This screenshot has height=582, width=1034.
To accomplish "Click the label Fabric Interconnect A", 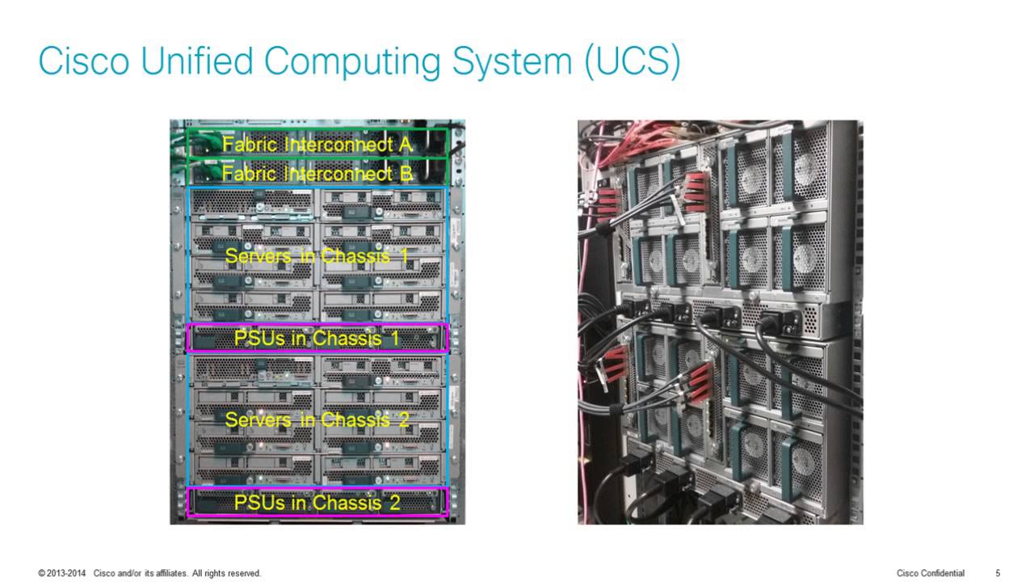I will click(x=317, y=145).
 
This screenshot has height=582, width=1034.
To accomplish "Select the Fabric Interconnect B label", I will click(x=317, y=173).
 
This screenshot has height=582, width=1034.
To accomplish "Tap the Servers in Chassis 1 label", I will click(x=317, y=256).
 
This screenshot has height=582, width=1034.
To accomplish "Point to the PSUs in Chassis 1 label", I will click(x=317, y=338).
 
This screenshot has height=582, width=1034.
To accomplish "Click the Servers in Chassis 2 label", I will click(x=317, y=420).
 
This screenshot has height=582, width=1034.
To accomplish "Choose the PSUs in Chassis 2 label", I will click(x=317, y=502).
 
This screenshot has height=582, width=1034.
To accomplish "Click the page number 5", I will click(x=998, y=573).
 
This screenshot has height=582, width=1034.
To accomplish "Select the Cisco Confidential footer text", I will click(x=931, y=573).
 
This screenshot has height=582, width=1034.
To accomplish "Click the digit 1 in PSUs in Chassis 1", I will click(x=394, y=338).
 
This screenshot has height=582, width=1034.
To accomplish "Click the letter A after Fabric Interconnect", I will click(x=406, y=145).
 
